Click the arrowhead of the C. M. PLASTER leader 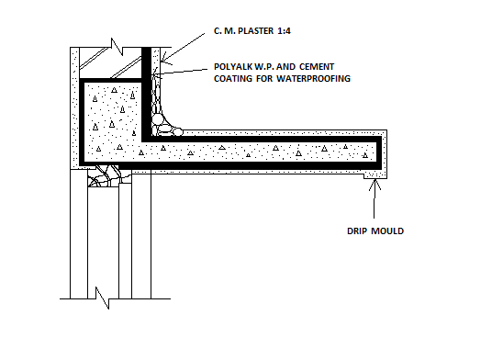[x=160, y=61]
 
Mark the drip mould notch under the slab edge [x=373, y=175]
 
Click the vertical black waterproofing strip [x=147, y=92]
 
